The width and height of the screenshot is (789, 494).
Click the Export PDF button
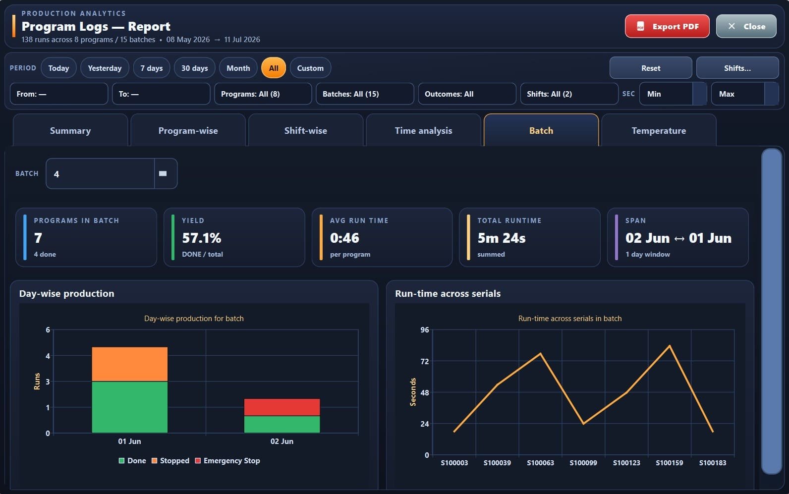[667, 26]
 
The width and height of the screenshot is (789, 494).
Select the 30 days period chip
[194, 68]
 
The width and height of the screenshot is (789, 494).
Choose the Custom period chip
[310, 68]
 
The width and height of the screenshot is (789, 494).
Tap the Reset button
[651, 68]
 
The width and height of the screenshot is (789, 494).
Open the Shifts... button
[737, 68]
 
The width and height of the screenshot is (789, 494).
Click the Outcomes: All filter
[467, 94]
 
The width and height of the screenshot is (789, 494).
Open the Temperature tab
[659, 131]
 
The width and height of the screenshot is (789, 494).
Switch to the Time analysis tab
[423, 131]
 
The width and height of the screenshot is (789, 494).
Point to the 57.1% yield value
[202, 238]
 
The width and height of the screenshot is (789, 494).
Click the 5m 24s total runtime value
[502, 238]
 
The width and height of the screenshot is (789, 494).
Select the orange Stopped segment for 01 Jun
[130, 364]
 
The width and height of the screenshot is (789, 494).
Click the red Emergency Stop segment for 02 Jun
[282, 407]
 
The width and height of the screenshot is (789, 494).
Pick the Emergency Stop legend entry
[227, 460]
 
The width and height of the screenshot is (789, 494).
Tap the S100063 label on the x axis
[540, 463]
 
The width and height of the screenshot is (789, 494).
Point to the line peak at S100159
[670, 346]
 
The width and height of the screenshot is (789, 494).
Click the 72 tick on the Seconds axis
[424, 361]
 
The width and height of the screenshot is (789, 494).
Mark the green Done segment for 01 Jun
[130, 407]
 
